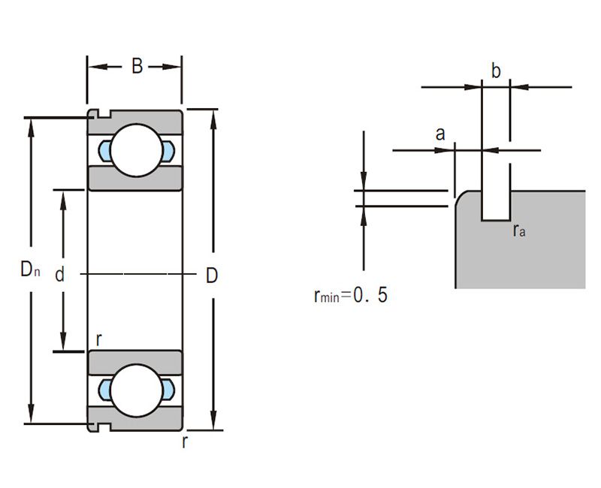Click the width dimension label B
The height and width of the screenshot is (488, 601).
[x=137, y=66]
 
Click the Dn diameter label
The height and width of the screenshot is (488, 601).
[x=30, y=269]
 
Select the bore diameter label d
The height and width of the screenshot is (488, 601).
[x=59, y=274]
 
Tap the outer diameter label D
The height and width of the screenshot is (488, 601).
[x=212, y=276]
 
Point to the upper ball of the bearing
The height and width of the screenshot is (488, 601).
[x=136, y=150]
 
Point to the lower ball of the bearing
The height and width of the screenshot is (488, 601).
[x=136, y=390]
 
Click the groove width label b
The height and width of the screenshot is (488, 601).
[x=496, y=71]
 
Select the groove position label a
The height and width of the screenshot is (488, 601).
[x=440, y=134]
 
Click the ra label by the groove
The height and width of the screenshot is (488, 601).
[x=519, y=230]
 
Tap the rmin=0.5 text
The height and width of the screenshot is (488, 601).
[x=350, y=296]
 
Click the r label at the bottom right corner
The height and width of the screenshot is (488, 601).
[x=185, y=441]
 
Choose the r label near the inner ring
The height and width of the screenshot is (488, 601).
[x=98, y=339]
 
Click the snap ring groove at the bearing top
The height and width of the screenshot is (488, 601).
[x=104, y=114]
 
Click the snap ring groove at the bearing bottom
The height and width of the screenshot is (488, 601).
[x=104, y=426]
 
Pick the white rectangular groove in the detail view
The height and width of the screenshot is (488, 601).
[x=496, y=205]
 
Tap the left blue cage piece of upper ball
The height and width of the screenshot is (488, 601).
[x=104, y=151]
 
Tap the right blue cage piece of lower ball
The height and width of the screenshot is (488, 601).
[x=168, y=390]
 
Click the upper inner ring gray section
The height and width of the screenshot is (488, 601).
[x=135, y=179]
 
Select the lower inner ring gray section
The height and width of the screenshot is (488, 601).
[x=135, y=363]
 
